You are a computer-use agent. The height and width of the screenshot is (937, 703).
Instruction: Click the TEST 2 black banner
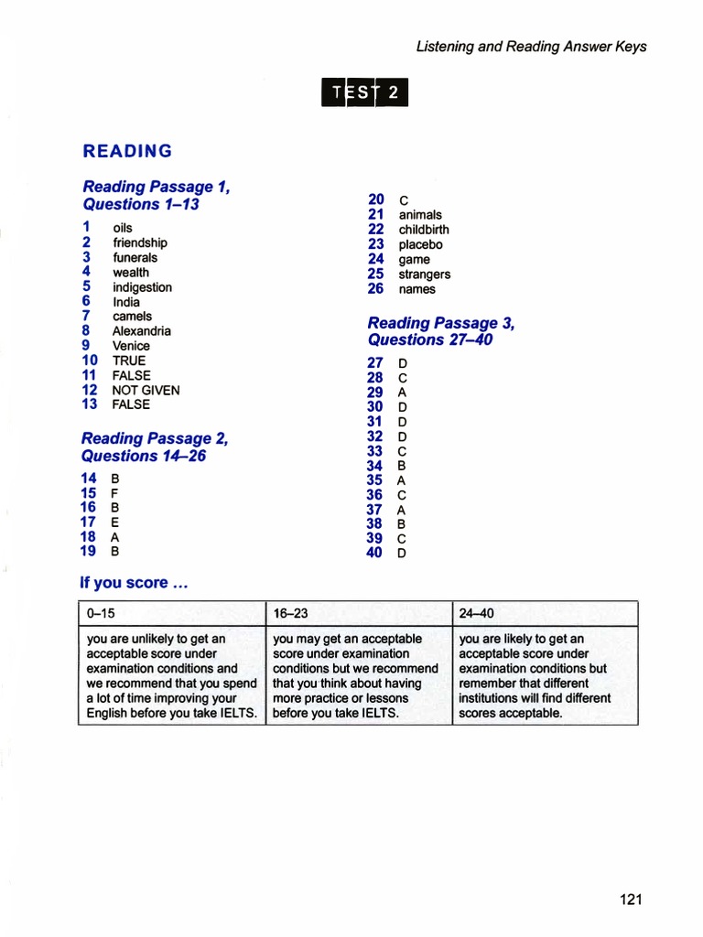(x=364, y=92)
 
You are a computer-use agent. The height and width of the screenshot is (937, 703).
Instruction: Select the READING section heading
(x=127, y=151)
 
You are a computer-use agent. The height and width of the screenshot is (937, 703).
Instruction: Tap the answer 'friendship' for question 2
(x=140, y=242)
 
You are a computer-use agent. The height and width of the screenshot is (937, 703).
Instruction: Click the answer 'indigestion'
(x=142, y=287)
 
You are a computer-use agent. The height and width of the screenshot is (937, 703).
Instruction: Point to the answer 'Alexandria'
(x=142, y=331)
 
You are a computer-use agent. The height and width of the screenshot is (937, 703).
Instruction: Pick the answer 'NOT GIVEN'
(x=146, y=390)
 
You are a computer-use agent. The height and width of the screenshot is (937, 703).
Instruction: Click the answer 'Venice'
(x=131, y=346)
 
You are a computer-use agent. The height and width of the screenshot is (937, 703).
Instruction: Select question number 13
(x=89, y=404)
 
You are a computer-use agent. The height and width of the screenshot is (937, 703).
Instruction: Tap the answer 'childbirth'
(x=424, y=230)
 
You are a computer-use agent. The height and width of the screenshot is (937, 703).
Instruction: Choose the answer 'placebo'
(x=420, y=244)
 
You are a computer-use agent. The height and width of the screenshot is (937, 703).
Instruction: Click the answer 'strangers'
(x=425, y=275)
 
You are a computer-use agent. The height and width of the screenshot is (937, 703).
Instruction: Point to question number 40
(x=374, y=553)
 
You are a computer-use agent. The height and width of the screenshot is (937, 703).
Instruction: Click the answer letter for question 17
(x=114, y=522)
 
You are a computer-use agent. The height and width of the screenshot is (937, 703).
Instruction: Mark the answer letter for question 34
(x=401, y=466)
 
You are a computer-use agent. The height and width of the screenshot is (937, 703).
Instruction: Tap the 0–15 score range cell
(x=171, y=613)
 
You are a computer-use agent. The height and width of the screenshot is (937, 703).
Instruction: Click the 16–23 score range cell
(x=358, y=613)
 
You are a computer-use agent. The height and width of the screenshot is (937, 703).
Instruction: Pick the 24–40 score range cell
(x=545, y=613)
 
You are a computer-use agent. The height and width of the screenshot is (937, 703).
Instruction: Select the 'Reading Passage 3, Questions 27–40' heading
(x=440, y=331)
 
